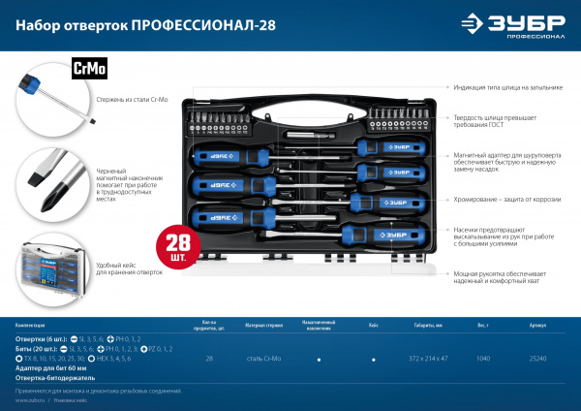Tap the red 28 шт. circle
pos(178,239)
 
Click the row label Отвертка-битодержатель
pos(54,378)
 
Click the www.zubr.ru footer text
pos(32,399)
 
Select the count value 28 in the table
pos(210,359)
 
